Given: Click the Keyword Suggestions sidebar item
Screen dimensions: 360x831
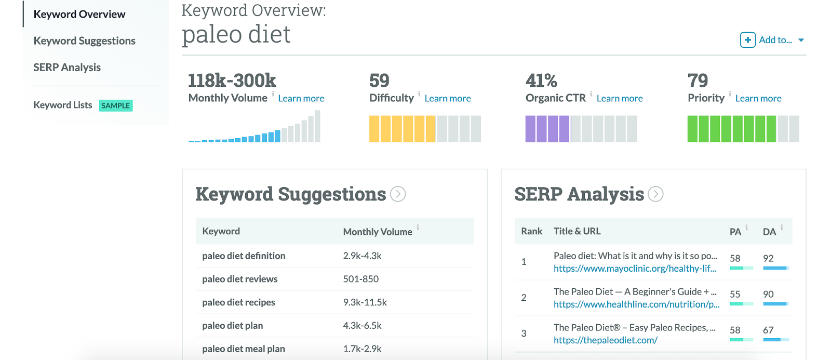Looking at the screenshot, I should click(84, 41).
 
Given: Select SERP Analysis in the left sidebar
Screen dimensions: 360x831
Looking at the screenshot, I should click(67, 67).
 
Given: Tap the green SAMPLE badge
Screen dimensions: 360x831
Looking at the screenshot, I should click(115, 105).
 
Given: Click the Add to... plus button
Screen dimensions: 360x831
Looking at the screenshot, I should click(747, 40).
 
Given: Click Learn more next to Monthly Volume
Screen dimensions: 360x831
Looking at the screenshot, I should click(301, 98).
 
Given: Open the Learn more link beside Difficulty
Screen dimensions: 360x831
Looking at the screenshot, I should click(447, 98).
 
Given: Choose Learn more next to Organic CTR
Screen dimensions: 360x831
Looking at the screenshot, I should click(619, 98).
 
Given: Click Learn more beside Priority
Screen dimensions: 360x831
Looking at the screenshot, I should click(758, 98).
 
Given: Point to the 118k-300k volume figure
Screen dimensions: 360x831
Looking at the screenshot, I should click(232, 81).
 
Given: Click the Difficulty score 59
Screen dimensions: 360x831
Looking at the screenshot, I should click(379, 81).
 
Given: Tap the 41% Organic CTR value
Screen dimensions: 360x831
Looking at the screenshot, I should click(541, 81).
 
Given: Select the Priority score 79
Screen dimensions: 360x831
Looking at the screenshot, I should click(698, 81).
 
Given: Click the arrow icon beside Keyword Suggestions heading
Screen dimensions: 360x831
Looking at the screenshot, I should click(398, 194).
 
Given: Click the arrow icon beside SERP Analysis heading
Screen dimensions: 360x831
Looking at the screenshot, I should click(655, 194).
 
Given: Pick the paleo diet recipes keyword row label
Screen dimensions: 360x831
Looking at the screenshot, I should click(238, 302).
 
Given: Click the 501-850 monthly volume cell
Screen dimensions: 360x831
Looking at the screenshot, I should click(360, 279).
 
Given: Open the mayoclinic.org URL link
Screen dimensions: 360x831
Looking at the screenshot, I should click(634, 269).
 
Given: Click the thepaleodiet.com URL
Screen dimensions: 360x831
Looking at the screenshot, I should click(605, 340).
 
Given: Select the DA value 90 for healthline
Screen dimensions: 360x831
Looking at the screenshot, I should click(768, 294).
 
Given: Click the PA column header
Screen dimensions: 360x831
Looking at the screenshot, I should click(735, 232).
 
